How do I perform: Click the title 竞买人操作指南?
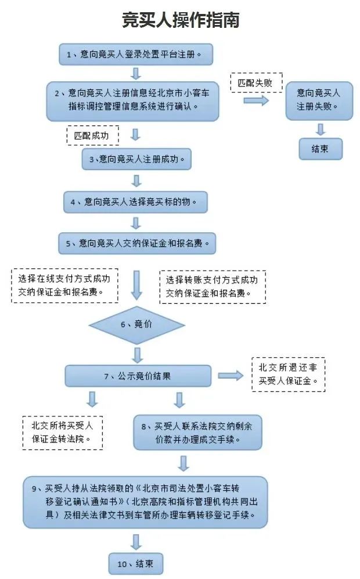pyautogui.click(x=180, y=20)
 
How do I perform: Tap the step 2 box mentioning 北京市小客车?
pyautogui.click(x=133, y=100)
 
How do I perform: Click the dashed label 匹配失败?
pyautogui.click(x=256, y=83)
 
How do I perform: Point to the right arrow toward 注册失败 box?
pyautogui.click(x=256, y=100)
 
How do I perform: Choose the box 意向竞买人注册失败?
pyautogui.click(x=319, y=100)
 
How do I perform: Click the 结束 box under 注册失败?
pyautogui.click(x=320, y=149)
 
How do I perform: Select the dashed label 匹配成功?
pyautogui.click(x=92, y=136)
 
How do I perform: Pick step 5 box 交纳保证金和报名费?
pyautogui.click(x=136, y=243)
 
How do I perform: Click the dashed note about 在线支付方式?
pyautogui.click(x=64, y=285)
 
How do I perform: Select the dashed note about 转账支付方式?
pyautogui.click(x=213, y=287)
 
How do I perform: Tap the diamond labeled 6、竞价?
pyautogui.click(x=136, y=325)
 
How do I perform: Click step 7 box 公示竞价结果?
pyautogui.click(x=137, y=376)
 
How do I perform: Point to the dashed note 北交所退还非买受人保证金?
pyautogui.click(x=287, y=375)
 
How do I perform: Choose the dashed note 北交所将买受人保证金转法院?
pyautogui.click(x=63, y=432)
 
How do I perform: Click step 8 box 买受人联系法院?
pyautogui.click(x=197, y=433)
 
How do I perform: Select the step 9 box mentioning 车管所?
pyautogui.click(x=146, y=502)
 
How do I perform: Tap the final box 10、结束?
pyautogui.click(x=136, y=563)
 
